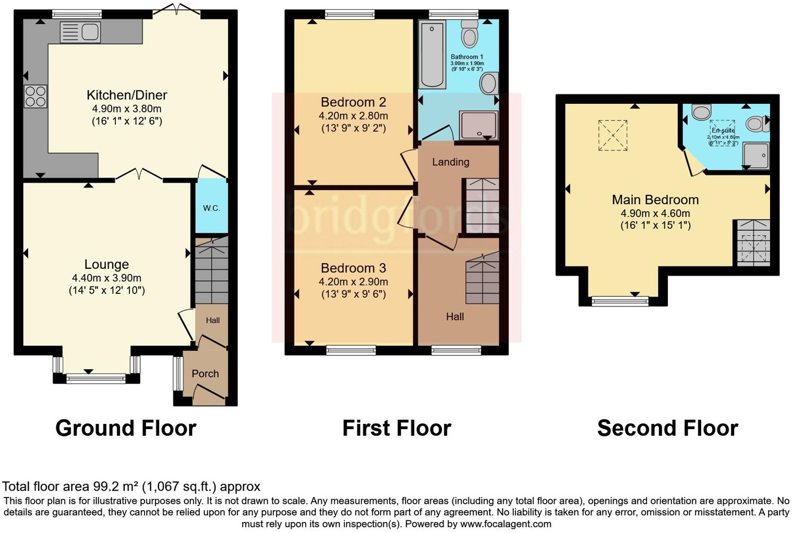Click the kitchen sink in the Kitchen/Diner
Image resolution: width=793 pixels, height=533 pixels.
(80, 32)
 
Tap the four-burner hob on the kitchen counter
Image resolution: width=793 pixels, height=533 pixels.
(35, 97)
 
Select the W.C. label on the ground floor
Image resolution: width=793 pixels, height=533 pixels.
(211, 208)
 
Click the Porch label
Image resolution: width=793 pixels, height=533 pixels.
(205, 374)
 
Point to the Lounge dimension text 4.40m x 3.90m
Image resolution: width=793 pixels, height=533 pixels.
(106, 278)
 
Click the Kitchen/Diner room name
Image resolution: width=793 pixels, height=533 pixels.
(127, 95)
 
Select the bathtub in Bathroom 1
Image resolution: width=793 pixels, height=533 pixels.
(432, 54)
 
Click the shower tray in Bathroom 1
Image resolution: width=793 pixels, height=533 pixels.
(478, 125)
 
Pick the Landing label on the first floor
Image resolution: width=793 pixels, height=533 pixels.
(450, 162)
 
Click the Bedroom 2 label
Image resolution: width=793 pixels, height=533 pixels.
(353, 102)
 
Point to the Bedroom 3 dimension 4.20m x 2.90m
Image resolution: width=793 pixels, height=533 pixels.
(353, 282)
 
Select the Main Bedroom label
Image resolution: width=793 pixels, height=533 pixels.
(655, 199)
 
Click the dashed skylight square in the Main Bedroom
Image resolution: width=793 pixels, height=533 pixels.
(612, 135)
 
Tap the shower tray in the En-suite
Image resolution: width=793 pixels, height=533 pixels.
(756, 156)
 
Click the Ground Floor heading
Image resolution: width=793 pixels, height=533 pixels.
(126, 428)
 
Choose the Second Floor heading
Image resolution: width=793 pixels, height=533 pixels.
(667, 428)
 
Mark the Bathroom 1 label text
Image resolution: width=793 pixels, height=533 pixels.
(466, 57)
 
